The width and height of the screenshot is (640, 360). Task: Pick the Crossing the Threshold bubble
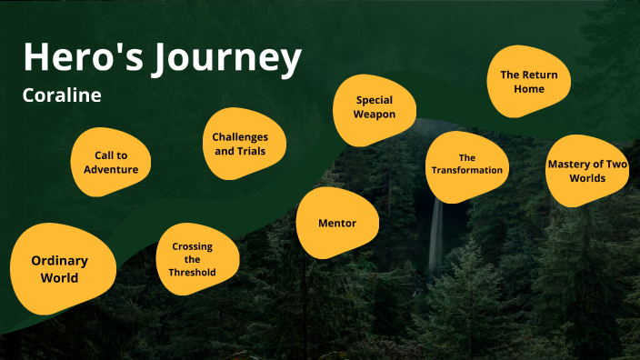(x=193, y=260)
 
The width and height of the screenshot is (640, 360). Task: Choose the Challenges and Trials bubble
(x=240, y=144)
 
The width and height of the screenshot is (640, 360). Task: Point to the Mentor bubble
(x=336, y=223)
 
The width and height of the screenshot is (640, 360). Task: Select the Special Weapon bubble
(x=374, y=107)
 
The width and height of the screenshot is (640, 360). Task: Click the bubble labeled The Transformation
(x=466, y=165)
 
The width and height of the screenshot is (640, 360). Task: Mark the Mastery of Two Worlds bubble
(x=588, y=170)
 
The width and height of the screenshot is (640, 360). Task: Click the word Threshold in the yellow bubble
(x=193, y=272)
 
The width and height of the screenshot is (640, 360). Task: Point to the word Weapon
(x=374, y=115)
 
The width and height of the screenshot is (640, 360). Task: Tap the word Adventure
(x=111, y=169)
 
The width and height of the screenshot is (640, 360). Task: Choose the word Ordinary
(x=60, y=261)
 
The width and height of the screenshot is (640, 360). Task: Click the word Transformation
(x=466, y=170)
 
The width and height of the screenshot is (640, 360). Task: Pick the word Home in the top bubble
(x=529, y=89)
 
